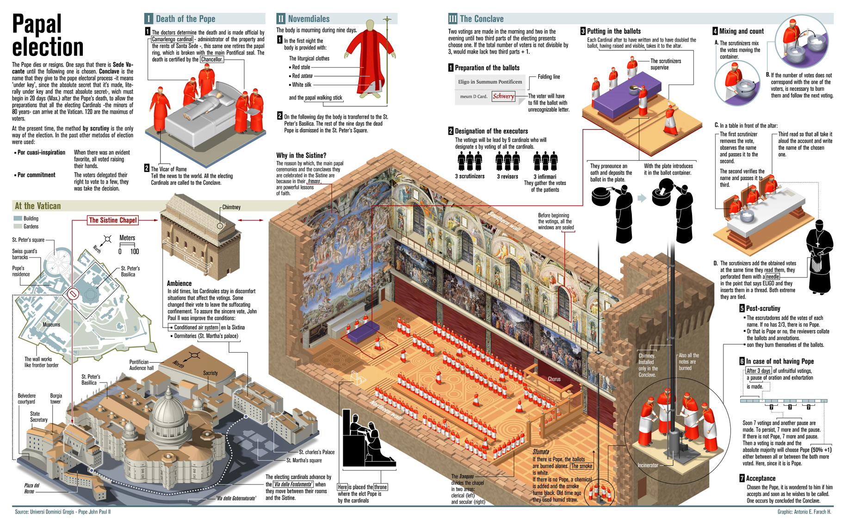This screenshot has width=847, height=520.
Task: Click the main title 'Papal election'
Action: (48, 36)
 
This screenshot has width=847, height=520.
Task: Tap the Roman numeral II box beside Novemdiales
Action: (281, 19)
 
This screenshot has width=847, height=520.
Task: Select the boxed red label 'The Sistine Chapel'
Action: (113, 220)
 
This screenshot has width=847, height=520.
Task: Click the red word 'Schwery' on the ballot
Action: (503, 96)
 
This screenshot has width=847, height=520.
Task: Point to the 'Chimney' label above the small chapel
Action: (231, 207)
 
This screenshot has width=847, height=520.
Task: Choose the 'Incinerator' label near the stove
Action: (648, 465)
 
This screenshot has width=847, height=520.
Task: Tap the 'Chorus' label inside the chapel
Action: (554, 379)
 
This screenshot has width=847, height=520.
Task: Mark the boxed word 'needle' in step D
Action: (773, 277)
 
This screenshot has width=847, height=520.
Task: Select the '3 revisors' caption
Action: (507, 176)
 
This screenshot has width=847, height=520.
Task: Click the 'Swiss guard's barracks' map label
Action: (25, 254)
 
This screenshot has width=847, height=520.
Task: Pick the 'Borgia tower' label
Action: (56, 398)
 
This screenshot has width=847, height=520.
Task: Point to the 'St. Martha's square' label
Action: (304, 460)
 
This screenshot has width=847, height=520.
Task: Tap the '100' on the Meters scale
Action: (134, 252)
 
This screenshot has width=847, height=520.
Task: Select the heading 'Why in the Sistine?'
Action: (301, 155)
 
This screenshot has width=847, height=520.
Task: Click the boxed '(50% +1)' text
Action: (821, 450)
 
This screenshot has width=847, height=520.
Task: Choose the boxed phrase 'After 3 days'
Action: (758, 371)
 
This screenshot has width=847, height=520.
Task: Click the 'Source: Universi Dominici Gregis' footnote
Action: (62, 512)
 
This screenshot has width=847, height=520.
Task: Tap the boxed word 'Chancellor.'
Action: (212, 59)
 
